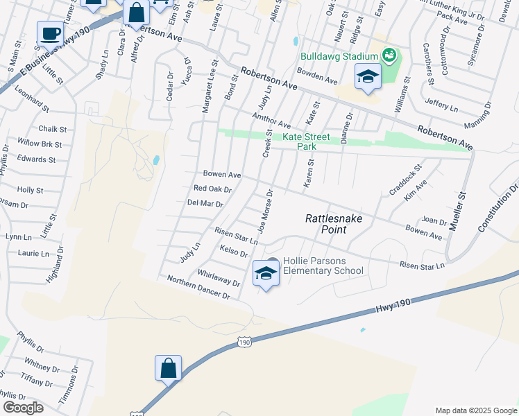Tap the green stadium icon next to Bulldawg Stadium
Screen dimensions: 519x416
(389, 54)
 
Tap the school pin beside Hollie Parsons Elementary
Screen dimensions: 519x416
(266, 274)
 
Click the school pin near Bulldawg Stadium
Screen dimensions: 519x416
(368, 77)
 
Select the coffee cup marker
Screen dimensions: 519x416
(51, 33)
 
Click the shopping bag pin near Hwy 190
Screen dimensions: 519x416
(169, 369)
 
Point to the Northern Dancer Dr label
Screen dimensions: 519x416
(198, 287)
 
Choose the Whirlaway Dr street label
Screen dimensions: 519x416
(219, 278)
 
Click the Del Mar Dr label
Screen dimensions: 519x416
(205, 204)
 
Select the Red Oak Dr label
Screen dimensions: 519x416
(212, 189)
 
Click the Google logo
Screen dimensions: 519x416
(23, 407)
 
